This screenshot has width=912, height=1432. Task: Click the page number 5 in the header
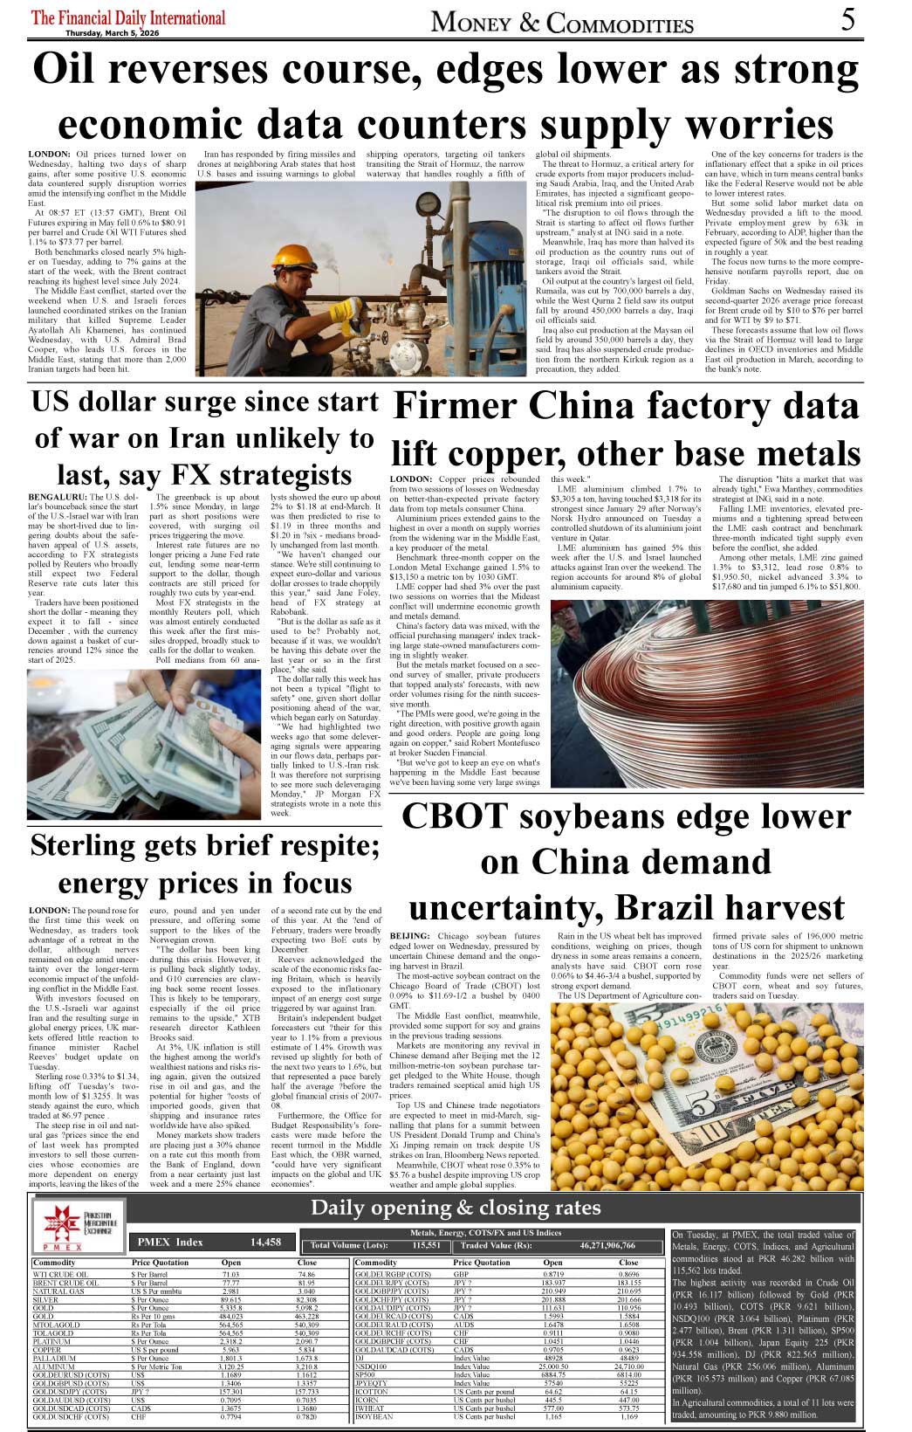(848, 20)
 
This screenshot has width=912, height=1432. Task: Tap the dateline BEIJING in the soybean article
(409, 936)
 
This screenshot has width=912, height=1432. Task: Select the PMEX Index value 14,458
(265, 1242)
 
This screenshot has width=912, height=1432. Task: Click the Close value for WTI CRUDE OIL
(306, 1275)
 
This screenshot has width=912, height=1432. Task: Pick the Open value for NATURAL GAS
(230, 1291)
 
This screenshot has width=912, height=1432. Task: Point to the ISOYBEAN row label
(375, 1417)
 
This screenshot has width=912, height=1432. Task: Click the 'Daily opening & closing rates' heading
(456, 1208)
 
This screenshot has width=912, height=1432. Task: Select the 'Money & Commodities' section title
(562, 23)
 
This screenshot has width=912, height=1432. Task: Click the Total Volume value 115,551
(426, 1245)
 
